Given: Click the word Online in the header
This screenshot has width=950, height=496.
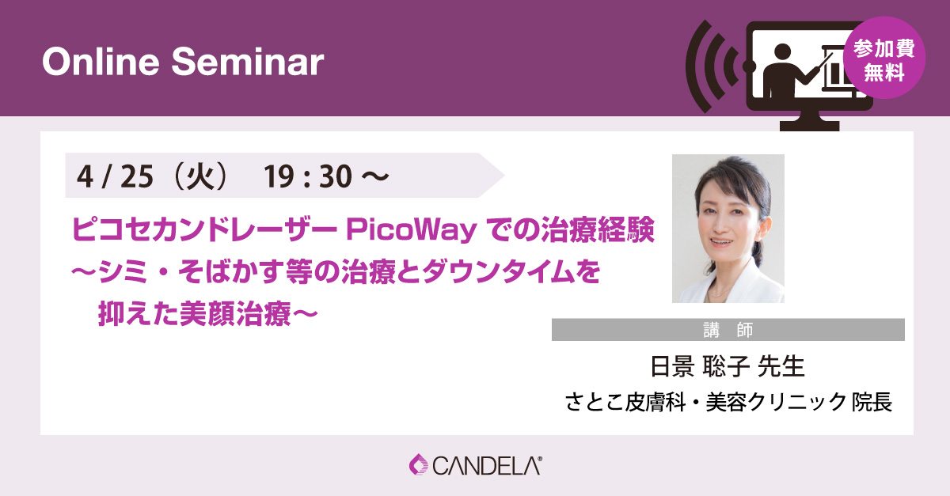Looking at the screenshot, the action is click(x=101, y=62).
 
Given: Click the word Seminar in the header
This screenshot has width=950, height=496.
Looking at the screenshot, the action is click(x=248, y=62).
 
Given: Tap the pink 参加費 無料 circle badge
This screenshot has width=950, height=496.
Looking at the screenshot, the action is click(x=884, y=58).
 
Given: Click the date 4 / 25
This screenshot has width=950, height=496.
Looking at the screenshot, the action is click(x=115, y=176).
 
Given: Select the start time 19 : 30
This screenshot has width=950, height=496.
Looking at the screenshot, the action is click(x=308, y=176).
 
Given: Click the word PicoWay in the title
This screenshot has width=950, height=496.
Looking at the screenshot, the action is click(x=412, y=231).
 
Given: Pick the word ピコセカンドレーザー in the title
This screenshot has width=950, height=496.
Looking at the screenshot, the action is click(x=204, y=229).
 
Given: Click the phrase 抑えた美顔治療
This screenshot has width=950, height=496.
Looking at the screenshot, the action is click(x=194, y=314).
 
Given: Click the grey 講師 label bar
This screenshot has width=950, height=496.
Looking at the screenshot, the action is click(x=728, y=329).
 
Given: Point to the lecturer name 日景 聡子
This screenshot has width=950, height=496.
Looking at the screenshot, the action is click(x=699, y=366).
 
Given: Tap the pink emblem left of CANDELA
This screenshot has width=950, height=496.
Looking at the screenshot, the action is click(x=419, y=464).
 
